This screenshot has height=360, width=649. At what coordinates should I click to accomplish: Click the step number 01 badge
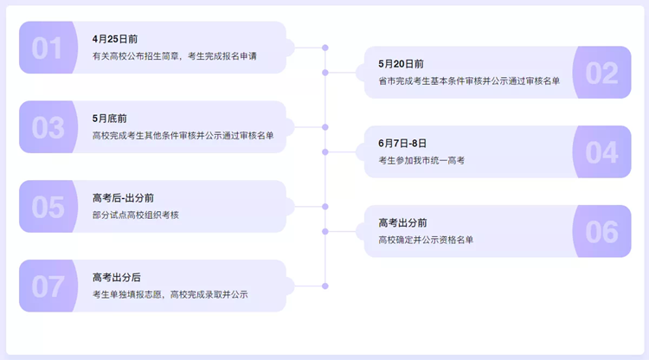coord(48,48)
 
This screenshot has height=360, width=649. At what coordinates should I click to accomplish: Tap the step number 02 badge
coord(602,73)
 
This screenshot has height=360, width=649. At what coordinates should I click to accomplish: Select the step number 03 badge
coord(48,127)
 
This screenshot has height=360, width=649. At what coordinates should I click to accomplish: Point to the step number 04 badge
coord(602,151)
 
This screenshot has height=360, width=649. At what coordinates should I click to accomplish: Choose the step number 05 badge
coord(48,207)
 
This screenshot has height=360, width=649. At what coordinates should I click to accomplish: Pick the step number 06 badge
coord(602,231)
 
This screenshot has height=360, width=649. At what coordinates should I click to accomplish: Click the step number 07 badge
coord(48,286)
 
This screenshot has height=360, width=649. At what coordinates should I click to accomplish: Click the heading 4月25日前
coord(114,39)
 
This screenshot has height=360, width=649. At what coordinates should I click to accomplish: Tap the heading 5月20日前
coord(401,64)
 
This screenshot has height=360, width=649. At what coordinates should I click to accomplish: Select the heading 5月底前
coord(109,119)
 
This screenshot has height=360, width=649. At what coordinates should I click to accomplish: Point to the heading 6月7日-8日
coord(402,143)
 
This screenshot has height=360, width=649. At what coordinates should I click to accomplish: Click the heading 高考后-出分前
coord(123,198)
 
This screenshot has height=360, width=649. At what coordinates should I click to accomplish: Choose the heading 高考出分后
coord(116,277)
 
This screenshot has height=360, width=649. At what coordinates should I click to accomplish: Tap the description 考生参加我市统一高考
coord(421,161)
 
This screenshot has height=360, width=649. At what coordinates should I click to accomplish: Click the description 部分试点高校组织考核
coord(135,215)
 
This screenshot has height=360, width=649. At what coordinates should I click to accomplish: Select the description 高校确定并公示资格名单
coord(426,240)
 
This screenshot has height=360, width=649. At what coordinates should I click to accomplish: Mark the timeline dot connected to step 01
coord(325,48)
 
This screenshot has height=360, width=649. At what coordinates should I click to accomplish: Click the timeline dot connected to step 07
coord(325,286)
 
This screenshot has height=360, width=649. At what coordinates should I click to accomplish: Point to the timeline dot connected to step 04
coord(325,151)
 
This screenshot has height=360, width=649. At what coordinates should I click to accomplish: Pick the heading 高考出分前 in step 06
coord(402,222)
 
